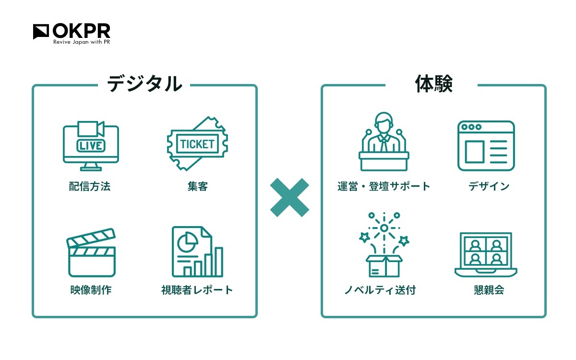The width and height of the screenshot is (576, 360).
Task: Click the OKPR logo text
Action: tap(81, 31)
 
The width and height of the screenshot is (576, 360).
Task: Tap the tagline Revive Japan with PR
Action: tap(82, 42)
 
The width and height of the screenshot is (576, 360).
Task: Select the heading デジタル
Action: tap(144, 84)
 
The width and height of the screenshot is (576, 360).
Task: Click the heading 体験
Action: tap(434, 84)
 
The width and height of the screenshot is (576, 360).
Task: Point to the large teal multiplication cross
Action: tap(289, 197)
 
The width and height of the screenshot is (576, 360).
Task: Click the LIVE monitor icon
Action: tap(91, 146)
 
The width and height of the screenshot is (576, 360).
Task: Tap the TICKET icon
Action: tap(197, 144)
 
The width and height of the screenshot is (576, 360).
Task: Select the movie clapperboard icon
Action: tap(91, 252)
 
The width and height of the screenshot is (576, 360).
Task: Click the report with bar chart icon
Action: tap(197, 252)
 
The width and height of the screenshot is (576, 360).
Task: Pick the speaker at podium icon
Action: tap(384, 142)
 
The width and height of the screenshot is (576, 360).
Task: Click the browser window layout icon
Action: tap(486, 146)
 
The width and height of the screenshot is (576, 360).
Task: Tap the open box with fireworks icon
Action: tap(384, 244)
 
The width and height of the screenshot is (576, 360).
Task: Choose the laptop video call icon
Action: tap(486, 255)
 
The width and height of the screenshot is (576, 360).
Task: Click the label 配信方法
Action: tap(90, 186)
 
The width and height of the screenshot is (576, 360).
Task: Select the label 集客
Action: tap(197, 186)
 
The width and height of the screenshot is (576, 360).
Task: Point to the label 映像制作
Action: tap(91, 290)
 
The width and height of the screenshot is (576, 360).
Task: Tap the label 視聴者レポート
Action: tap(197, 290)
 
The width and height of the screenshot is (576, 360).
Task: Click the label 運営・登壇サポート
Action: tap(384, 186)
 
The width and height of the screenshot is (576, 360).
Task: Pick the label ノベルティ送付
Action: tap(380, 290)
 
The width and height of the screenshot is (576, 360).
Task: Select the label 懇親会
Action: tap(489, 290)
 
